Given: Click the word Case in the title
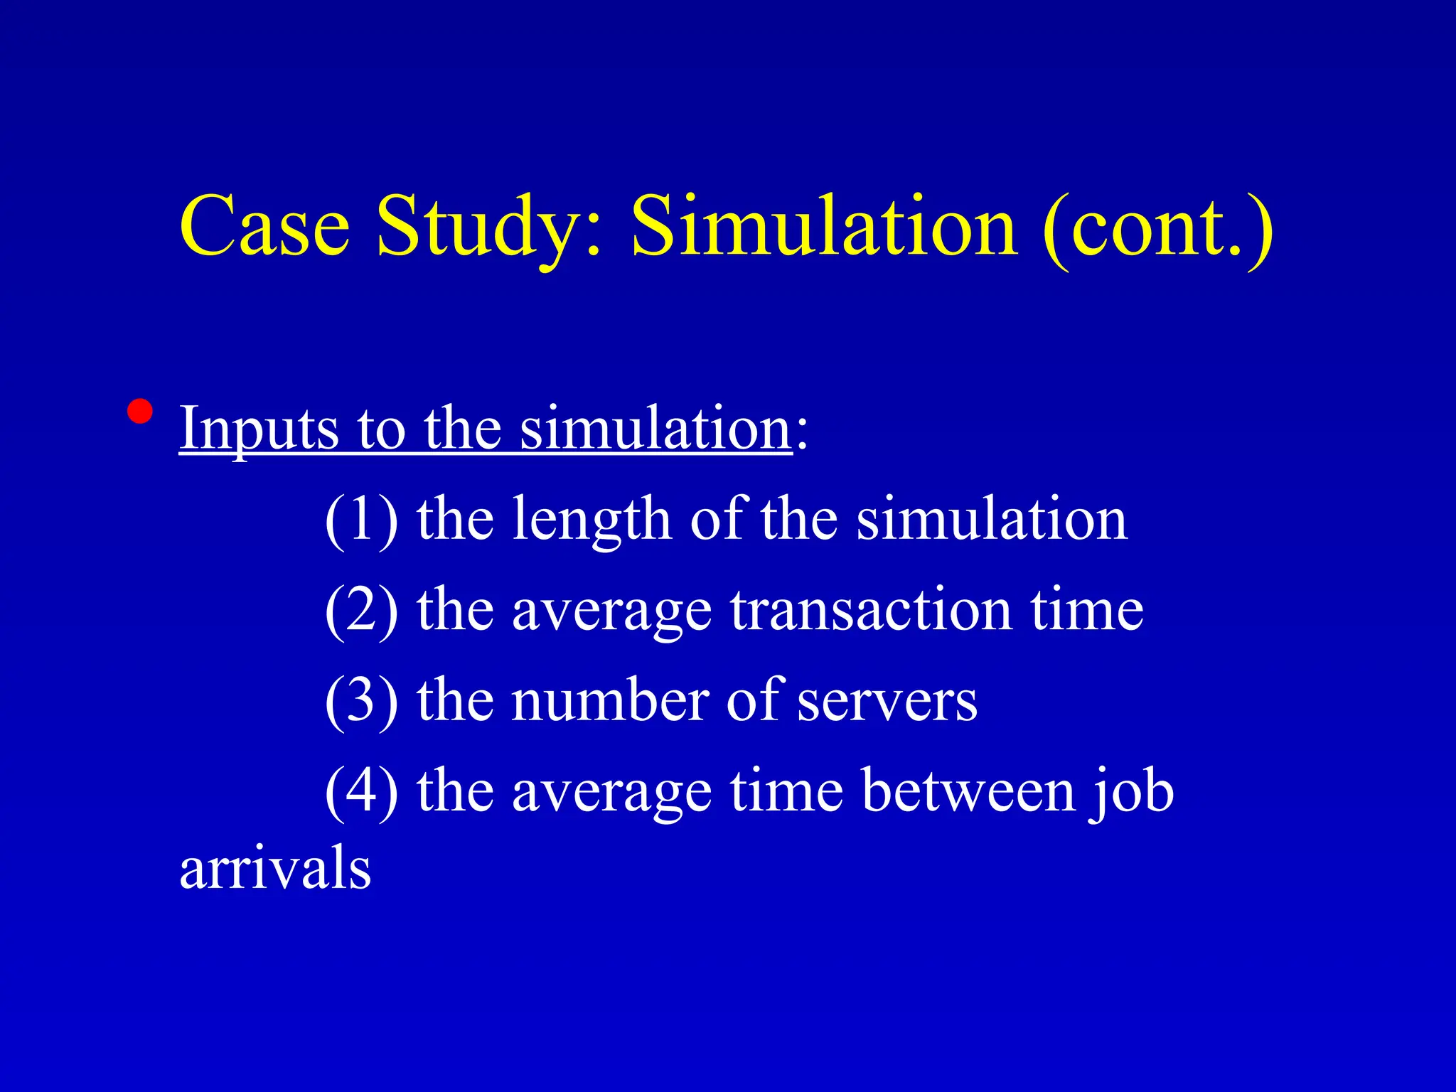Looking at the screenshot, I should click(x=264, y=226).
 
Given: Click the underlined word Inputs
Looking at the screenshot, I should click(x=259, y=429).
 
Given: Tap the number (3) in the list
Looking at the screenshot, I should click(x=361, y=701).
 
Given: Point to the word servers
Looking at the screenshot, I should click(x=887, y=702).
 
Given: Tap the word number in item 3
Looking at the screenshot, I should click(x=610, y=701).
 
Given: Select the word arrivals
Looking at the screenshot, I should click(x=275, y=869).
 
